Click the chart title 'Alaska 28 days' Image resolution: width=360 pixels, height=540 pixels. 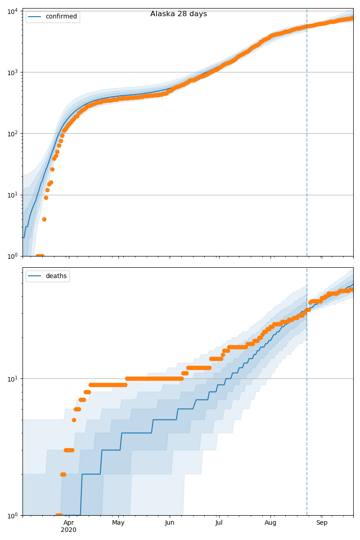click(179, 14)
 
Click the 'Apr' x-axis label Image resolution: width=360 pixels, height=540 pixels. click(68, 523)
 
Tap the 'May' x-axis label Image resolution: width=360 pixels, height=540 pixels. click(118, 523)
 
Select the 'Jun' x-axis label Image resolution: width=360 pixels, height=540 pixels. click(170, 523)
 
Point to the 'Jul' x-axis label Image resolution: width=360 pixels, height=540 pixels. click(219, 523)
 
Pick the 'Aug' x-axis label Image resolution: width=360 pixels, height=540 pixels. click(270, 523)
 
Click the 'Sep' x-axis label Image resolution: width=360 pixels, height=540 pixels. click(322, 523)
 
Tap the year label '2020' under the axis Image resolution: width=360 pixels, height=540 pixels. click(68, 530)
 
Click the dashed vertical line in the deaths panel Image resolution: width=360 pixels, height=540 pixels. click(307, 405)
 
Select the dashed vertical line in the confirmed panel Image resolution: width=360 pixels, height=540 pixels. click(307, 135)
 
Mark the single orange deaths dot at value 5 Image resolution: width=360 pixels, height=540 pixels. click(74, 420)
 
